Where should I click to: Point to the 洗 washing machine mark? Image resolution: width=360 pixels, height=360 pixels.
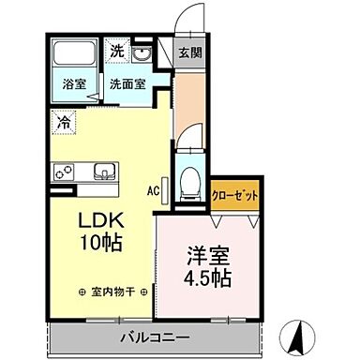tap(117, 52)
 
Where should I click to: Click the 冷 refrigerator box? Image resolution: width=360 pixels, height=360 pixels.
tap(63, 121)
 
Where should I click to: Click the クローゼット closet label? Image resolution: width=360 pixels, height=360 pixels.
tap(234, 196)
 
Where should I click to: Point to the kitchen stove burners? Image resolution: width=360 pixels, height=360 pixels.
tap(66, 172)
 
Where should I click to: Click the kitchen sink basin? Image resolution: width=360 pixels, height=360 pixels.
tap(103, 172)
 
